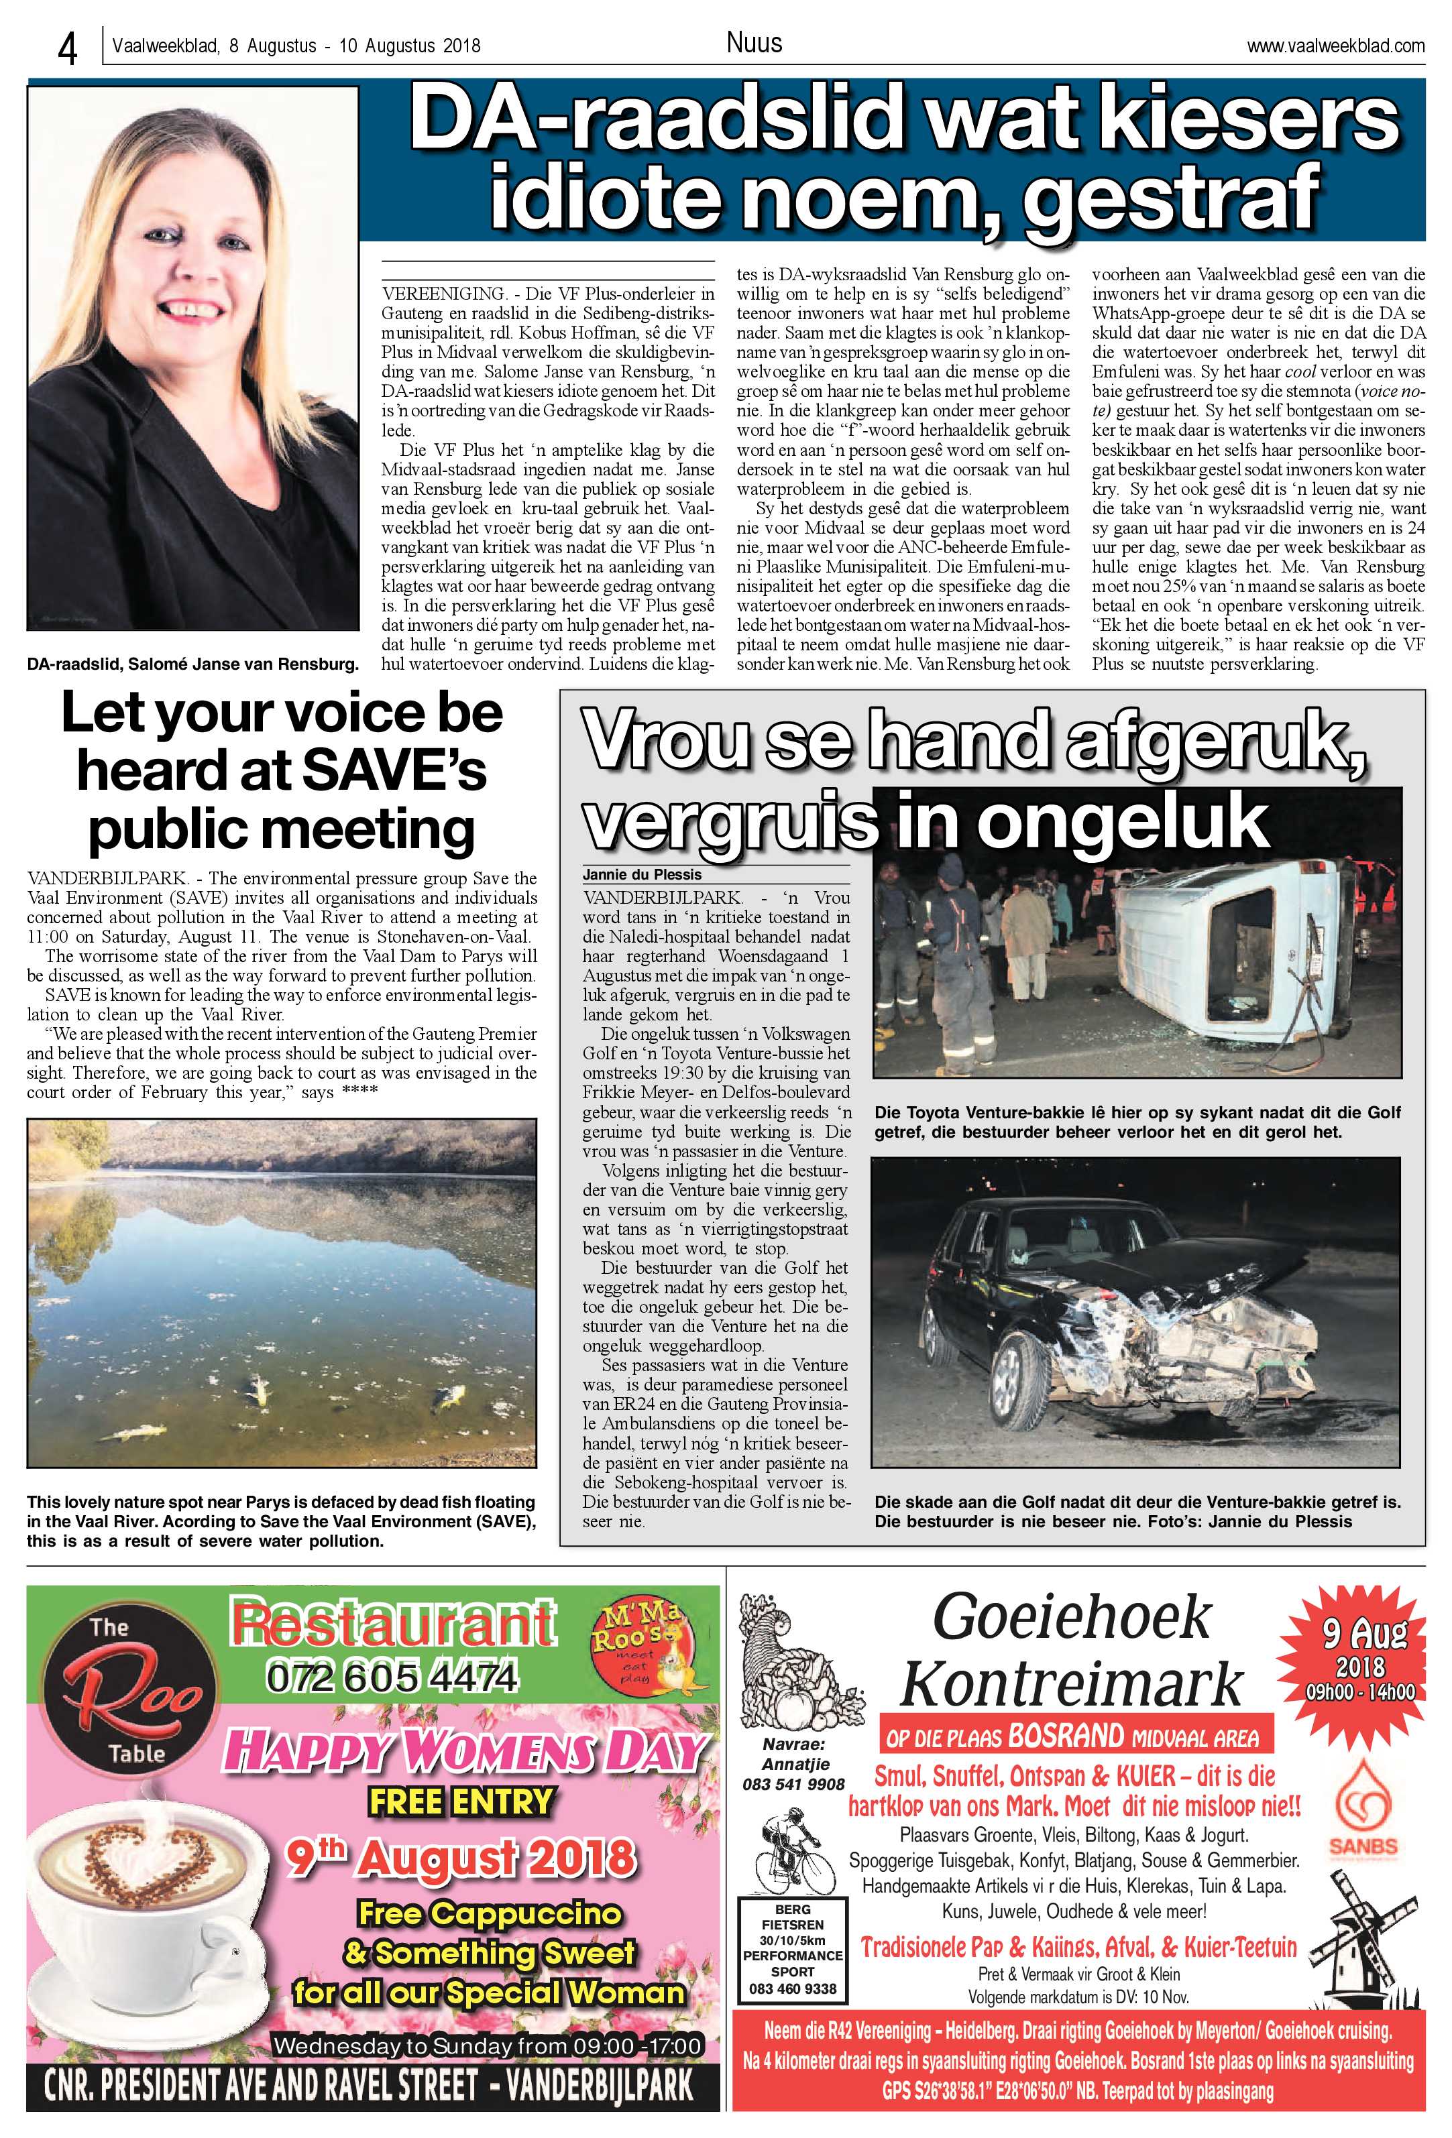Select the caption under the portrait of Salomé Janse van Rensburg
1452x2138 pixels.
pos(192,663)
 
